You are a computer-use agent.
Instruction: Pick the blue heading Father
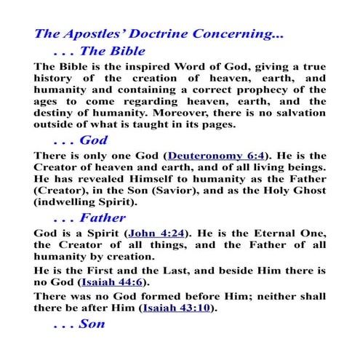[x=103, y=217]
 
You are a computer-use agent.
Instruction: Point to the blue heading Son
[x=92, y=324]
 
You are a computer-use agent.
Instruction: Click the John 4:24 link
[x=156, y=233]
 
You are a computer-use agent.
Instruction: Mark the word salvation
[x=299, y=114]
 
